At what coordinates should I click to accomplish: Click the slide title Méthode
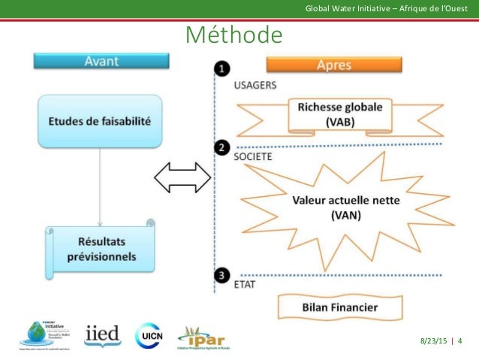(233, 35)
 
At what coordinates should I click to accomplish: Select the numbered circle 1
(222, 70)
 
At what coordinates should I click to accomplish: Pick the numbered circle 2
(222, 148)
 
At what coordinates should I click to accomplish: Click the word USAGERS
(255, 86)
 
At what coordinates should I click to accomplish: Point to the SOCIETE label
(252, 158)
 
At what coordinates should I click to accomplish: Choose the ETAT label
(245, 286)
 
